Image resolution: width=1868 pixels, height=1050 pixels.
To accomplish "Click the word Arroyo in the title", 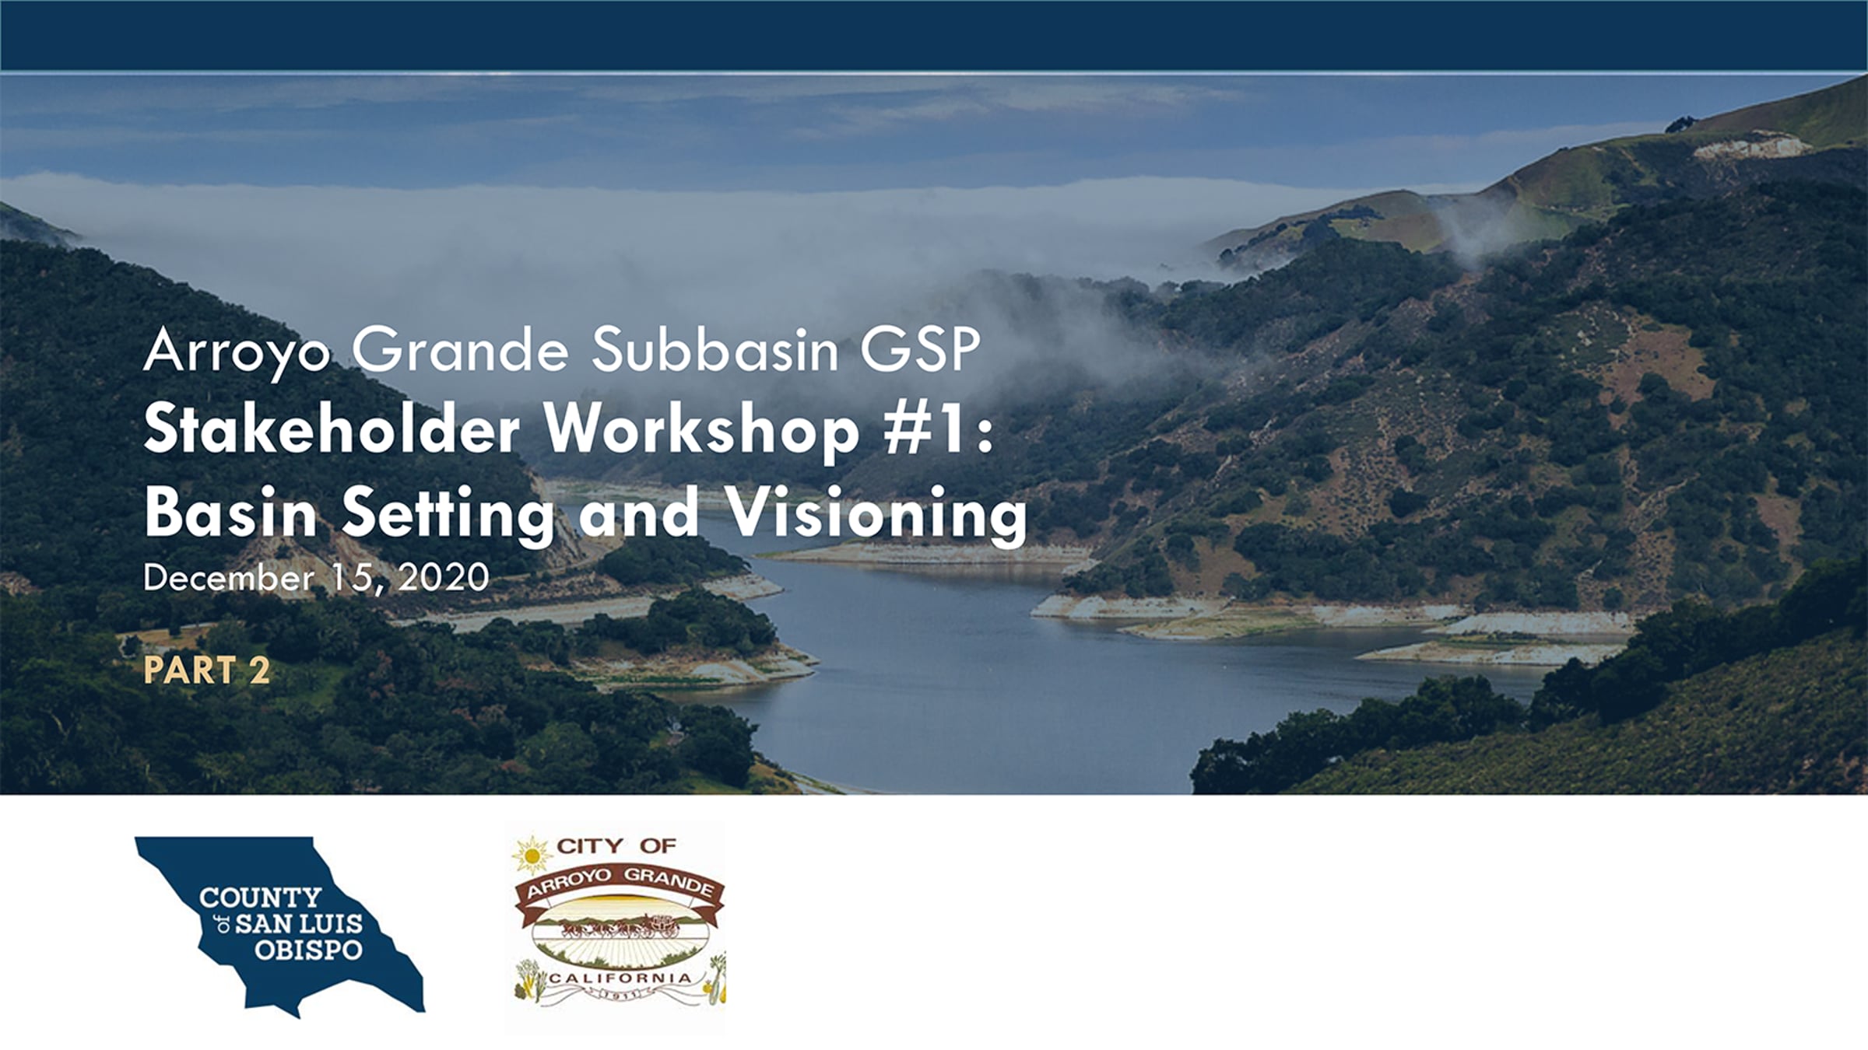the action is click(x=237, y=352).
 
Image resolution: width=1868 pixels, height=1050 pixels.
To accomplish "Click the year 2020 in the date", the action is click(x=444, y=578).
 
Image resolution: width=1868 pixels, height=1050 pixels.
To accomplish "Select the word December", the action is click(x=229, y=578).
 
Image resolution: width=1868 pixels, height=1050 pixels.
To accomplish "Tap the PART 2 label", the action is click(x=207, y=670).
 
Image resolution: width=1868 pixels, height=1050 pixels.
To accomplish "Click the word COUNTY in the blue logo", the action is click(x=260, y=898).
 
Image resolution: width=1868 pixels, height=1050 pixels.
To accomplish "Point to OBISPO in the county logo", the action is click(x=308, y=950).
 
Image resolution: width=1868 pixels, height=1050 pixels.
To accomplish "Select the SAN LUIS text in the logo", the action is click(x=299, y=924).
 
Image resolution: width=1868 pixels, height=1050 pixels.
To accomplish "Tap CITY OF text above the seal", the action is click(x=616, y=845).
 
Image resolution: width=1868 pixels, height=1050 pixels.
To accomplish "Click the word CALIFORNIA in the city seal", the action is click(x=620, y=977).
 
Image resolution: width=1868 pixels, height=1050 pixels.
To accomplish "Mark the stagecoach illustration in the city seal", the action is click(x=623, y=926).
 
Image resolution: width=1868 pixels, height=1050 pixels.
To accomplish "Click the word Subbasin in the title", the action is click(x=715, y=349).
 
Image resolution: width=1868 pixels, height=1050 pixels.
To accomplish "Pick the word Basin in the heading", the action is click(x=231, y=514).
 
